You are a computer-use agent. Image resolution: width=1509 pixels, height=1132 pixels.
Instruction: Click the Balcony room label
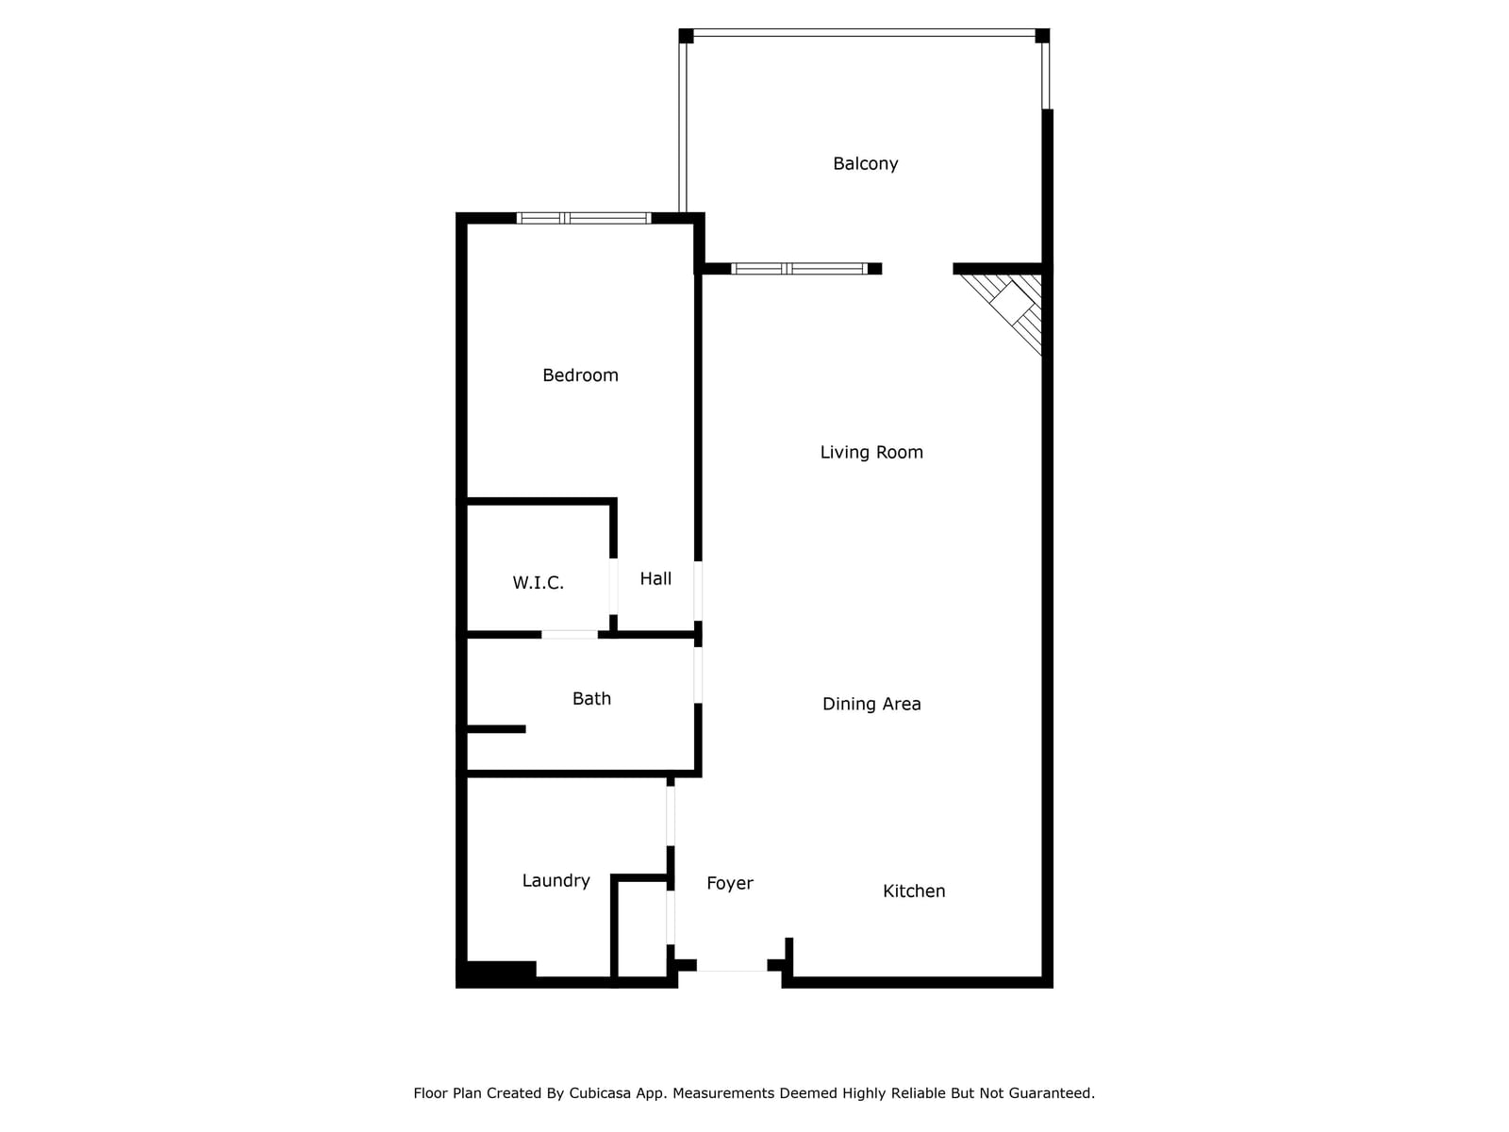(865, 164)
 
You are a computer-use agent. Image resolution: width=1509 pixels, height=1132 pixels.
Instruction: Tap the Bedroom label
(580, 375)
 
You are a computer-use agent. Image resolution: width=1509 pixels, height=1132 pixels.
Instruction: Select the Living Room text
(871, 453)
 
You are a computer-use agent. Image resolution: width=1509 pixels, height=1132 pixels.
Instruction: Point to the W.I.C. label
(538, 583)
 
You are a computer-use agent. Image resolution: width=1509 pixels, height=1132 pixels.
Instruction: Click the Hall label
(655, 579)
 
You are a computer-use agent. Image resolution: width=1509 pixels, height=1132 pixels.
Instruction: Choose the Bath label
(591, 699)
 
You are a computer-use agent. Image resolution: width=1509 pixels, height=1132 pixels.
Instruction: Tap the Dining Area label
(871, 704)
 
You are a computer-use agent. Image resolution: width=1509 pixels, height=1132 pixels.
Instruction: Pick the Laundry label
(556, 881)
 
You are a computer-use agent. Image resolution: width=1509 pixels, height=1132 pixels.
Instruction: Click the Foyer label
(730, 884)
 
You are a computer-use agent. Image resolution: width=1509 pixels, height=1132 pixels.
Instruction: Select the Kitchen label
(914, 891)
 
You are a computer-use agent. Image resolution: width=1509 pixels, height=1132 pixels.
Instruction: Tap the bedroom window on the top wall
(584, 218)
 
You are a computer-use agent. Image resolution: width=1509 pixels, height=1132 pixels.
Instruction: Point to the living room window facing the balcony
(799, 269)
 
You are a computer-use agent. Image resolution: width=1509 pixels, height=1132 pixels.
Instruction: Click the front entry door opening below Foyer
(732, 966)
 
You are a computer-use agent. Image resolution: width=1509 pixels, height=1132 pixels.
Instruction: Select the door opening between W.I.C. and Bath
(570, 634)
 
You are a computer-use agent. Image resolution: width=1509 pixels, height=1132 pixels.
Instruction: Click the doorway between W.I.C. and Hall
(613, 586)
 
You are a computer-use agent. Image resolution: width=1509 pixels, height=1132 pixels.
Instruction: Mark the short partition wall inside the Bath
(496, 729)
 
